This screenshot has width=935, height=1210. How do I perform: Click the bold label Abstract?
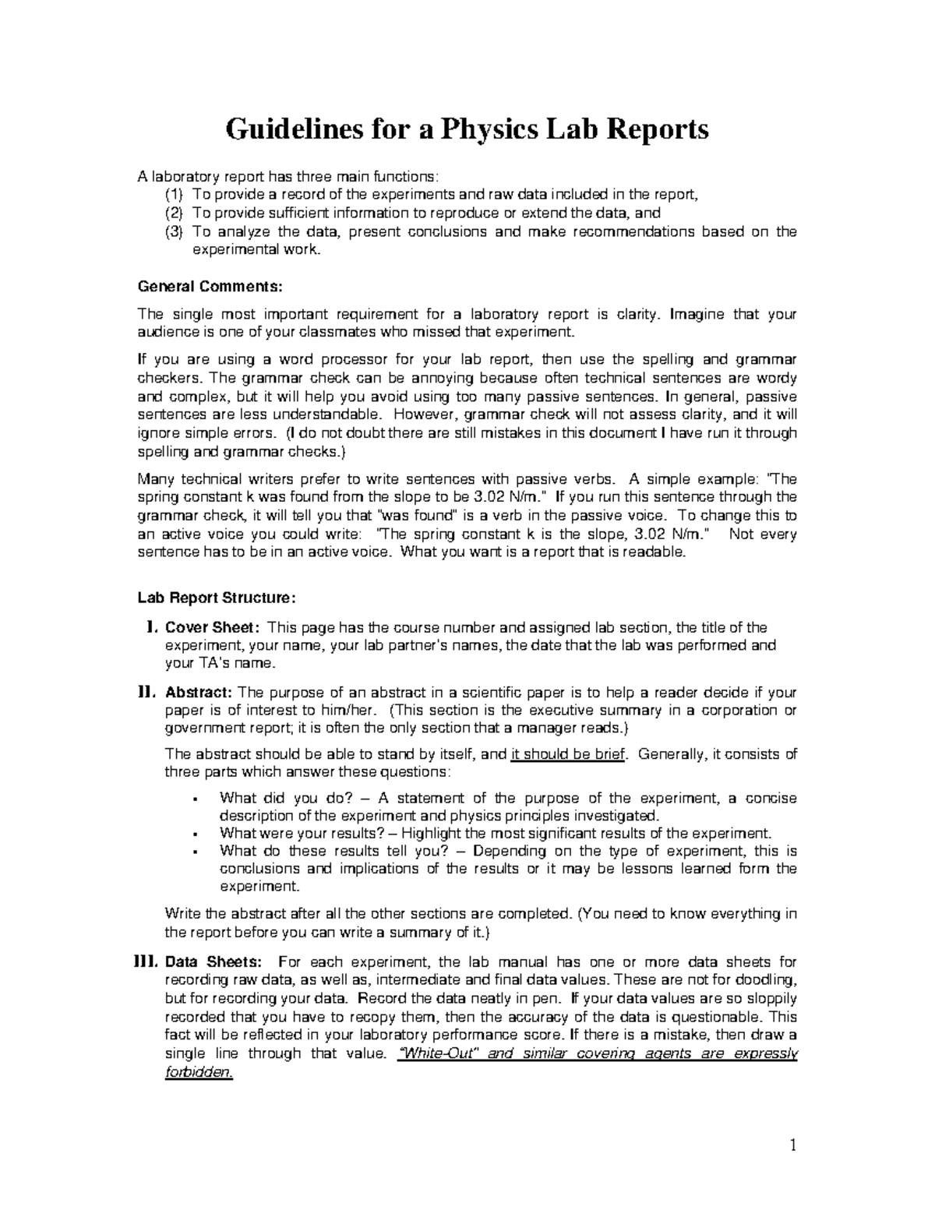[x=199, y=693]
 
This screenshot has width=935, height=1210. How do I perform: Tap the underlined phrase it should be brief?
[x=568, y=754]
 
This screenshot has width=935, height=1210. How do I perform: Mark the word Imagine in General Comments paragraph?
[x=697, y=314]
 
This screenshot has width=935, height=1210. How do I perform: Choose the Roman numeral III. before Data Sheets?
[x=146, y=961]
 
